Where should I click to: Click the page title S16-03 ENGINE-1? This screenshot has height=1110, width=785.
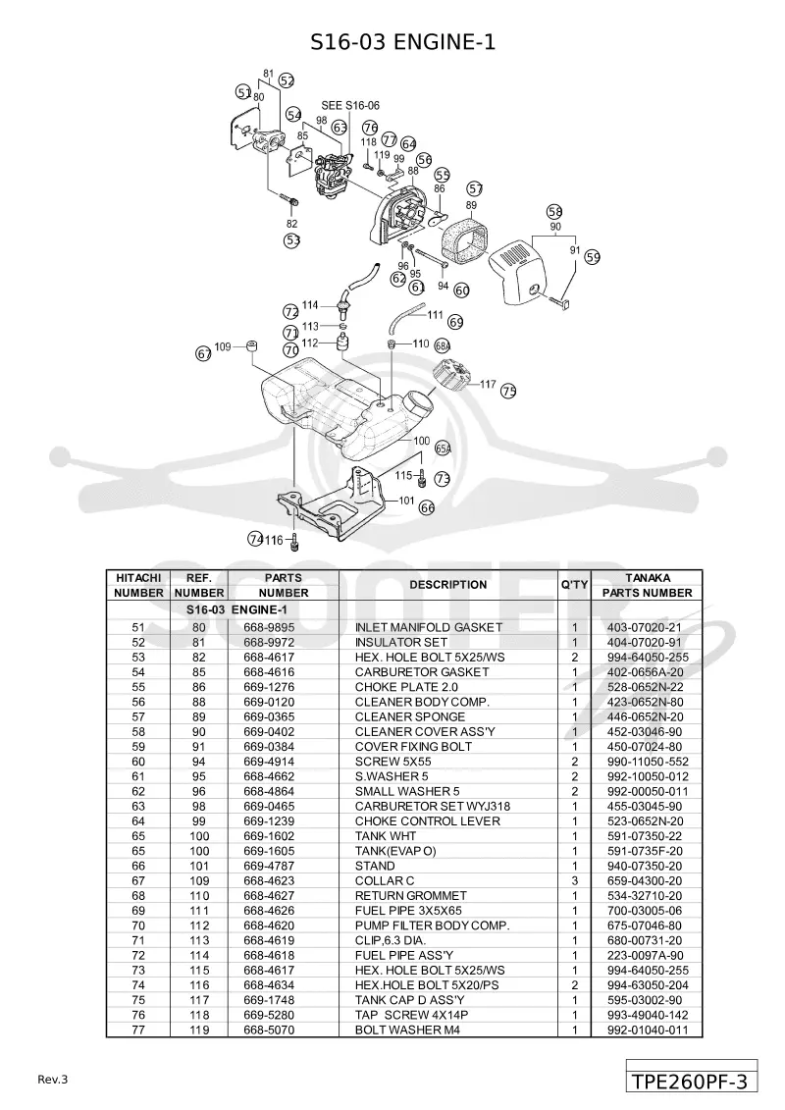click(x=402, y=42)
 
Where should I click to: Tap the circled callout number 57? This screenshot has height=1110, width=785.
click(x=475, y=188)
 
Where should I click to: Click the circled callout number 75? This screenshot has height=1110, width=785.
click(x=508, y=390)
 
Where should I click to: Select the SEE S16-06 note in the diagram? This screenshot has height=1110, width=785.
click(x=350, y=105)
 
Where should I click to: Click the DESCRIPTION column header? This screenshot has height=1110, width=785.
click(x=448, y=585)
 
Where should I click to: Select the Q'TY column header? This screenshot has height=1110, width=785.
click(x=574, y=585)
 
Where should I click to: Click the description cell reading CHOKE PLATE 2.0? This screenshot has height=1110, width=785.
click(x=406, y=687)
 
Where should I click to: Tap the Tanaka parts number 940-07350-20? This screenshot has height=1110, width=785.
click(x=645, y=866)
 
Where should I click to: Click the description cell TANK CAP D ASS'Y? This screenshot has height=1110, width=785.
click(x=410, y=1000)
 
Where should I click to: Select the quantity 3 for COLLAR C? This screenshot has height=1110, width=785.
click(x=575, y=880)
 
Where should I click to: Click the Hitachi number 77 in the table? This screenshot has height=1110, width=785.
click(x=138, y=1030)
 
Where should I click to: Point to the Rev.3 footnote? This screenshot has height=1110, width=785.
click(x=52, y=1080)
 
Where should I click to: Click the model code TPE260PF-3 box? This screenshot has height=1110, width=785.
click(x=691, y=1082)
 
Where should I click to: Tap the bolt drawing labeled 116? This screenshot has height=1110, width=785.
click(x=295, y=542)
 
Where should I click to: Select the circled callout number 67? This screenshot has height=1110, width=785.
click(x=204, y=354)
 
